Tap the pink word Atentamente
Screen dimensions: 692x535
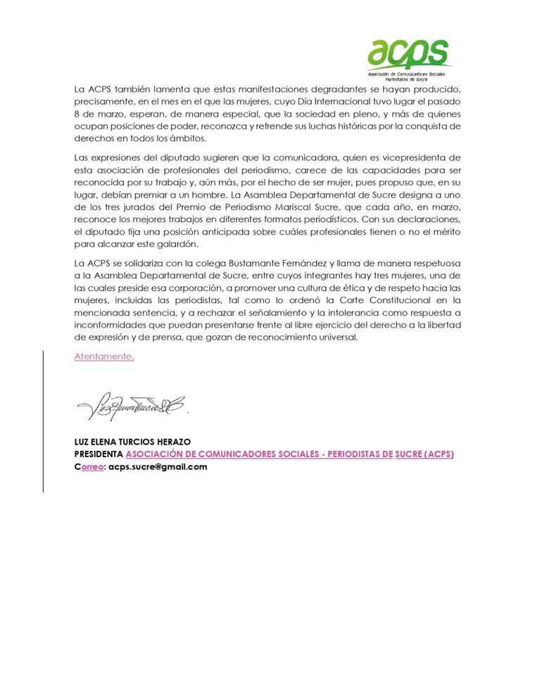click(x=103, y=357)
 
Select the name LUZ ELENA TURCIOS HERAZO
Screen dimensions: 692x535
click(x=132, y=442)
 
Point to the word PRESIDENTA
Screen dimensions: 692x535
click(x=99, y=454)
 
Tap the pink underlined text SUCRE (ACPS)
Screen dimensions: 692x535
click(x=424, y=454)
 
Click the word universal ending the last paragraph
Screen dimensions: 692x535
click(x=336, y=337)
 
